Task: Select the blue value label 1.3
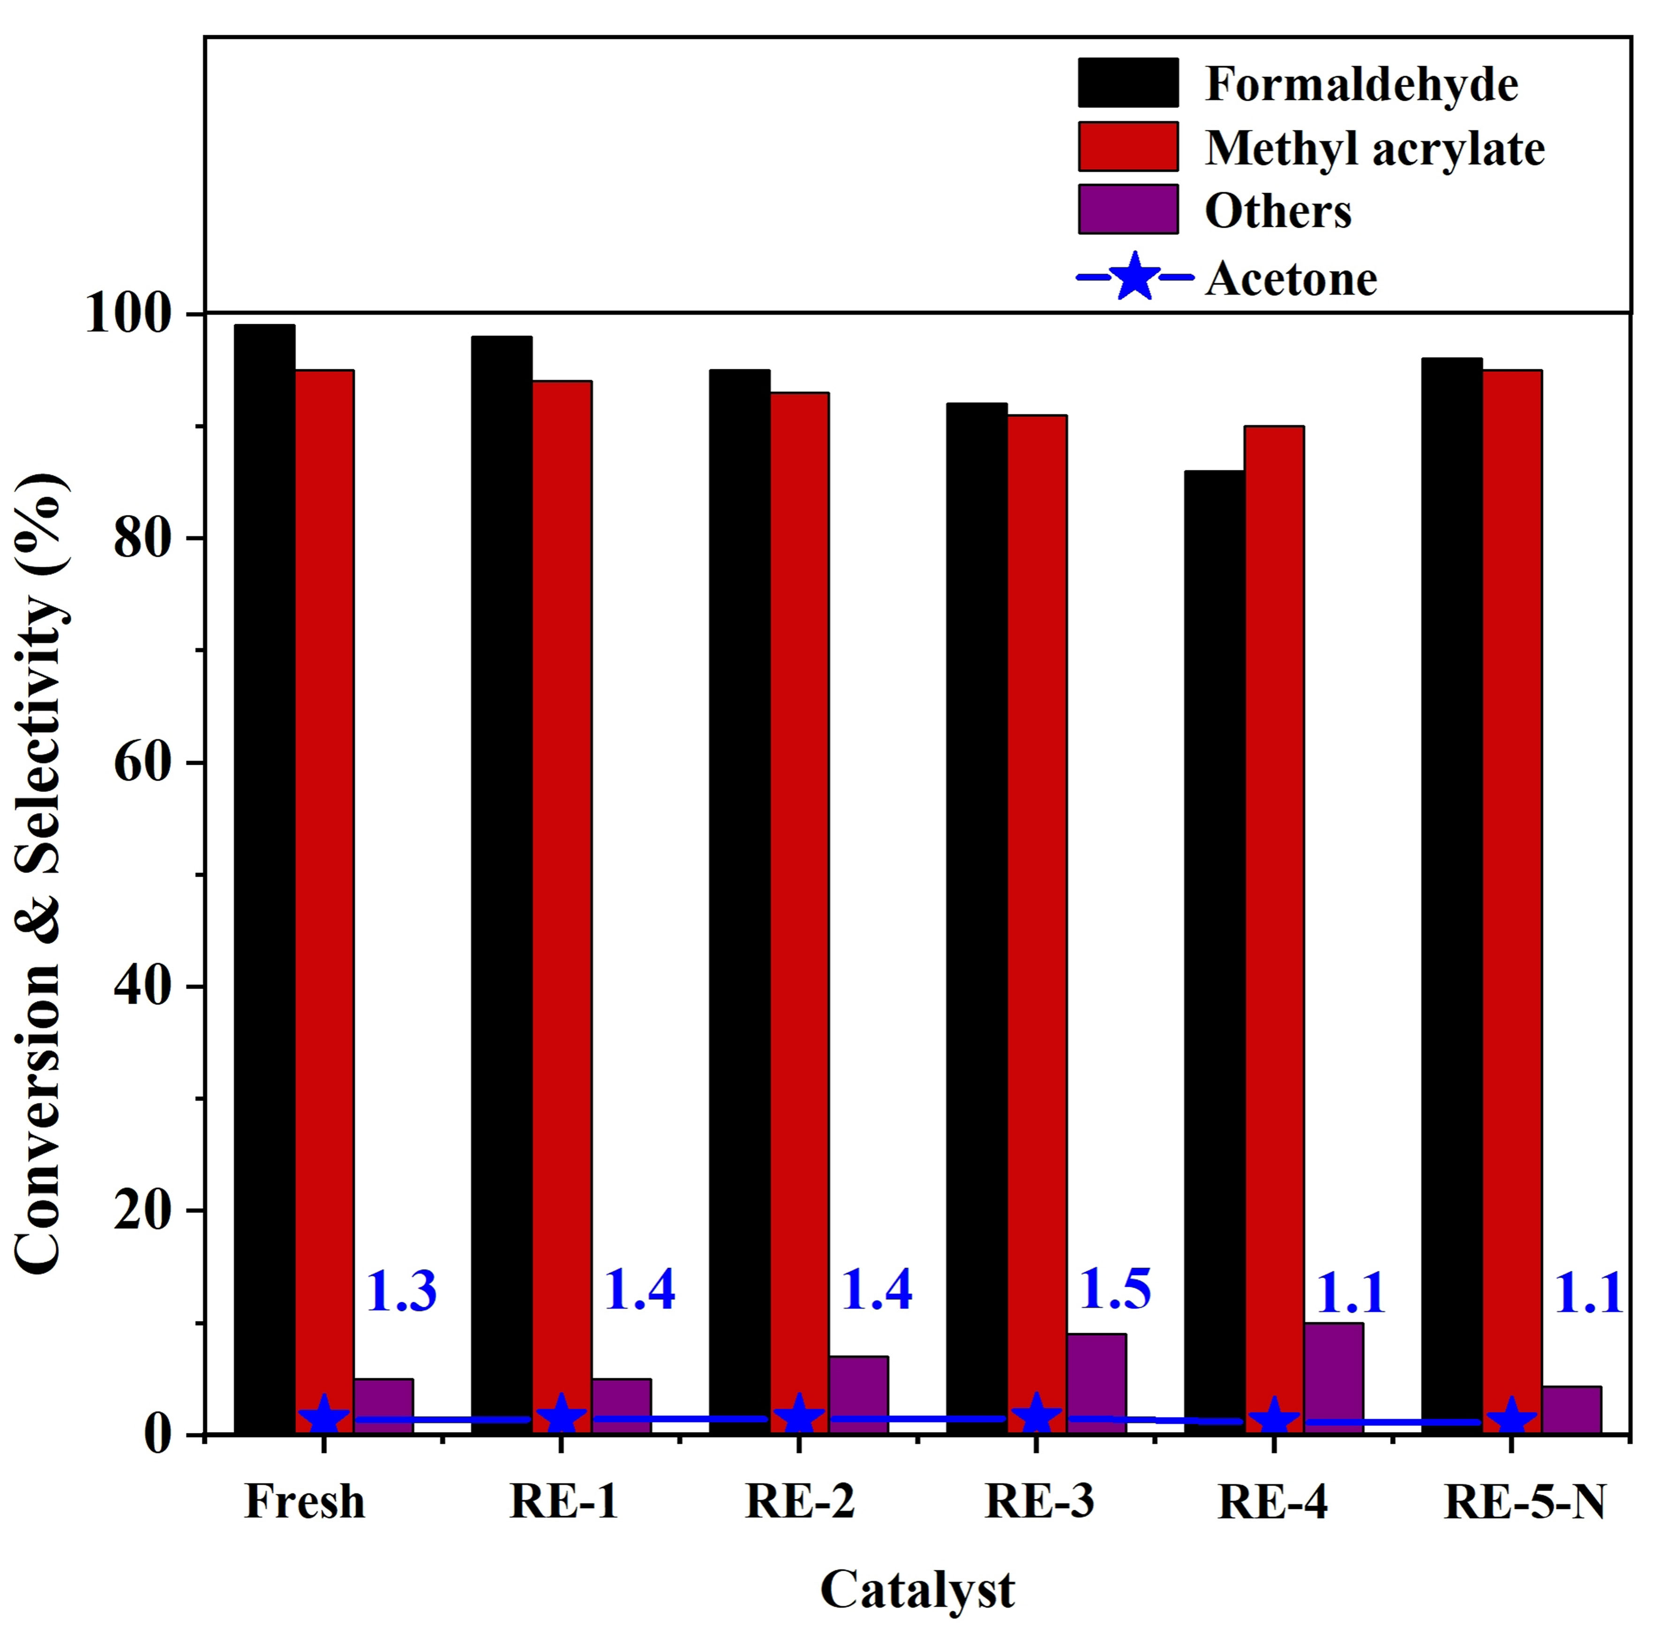click(401, 1292)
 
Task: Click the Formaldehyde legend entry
click(1360, 84)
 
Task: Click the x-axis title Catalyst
click(917, 1589)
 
